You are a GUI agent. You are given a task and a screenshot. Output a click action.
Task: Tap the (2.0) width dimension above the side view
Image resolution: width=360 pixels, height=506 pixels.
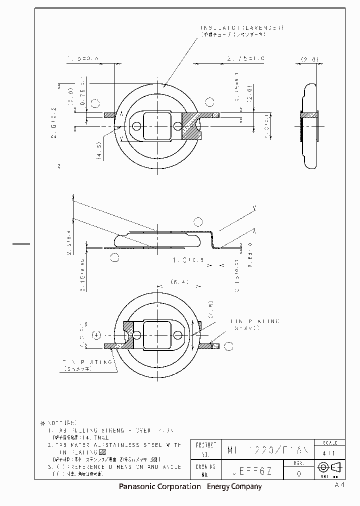click(x=309, y=59)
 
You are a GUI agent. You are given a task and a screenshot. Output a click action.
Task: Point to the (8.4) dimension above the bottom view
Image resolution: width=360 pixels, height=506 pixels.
click(x=179, y=282)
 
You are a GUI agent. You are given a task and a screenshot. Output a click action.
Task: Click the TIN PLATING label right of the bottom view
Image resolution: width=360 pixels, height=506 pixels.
click(x=248, y=320)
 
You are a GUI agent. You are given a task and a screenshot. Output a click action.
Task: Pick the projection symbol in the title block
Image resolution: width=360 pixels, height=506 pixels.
click(x=328, y=467)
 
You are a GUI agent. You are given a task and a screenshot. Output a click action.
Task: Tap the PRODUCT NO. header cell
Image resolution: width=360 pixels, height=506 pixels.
click(x=205, y=449)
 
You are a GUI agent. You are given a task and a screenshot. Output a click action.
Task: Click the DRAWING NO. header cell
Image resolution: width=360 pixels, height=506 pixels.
click(x=205, y=469)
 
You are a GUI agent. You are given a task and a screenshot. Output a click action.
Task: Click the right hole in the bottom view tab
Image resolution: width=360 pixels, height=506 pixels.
click(x=179, y=335)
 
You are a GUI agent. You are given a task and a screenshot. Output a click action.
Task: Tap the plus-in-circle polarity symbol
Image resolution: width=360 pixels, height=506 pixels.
click(x=97, y=335)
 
